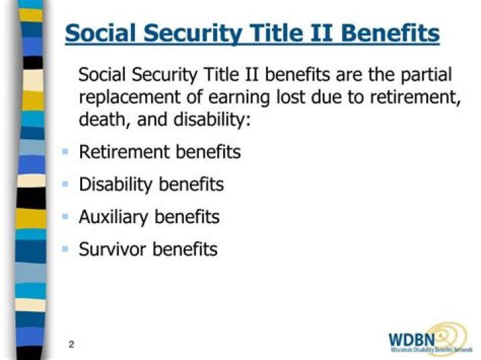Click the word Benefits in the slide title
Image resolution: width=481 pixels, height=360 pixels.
tap(389, 33)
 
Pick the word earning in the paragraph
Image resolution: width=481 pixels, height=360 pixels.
tap(236, 97)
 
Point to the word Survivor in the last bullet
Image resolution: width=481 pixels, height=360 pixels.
tap(112, 250)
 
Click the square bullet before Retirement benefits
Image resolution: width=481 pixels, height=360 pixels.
tap(65, 152)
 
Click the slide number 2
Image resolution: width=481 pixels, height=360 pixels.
tap(71, 345)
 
